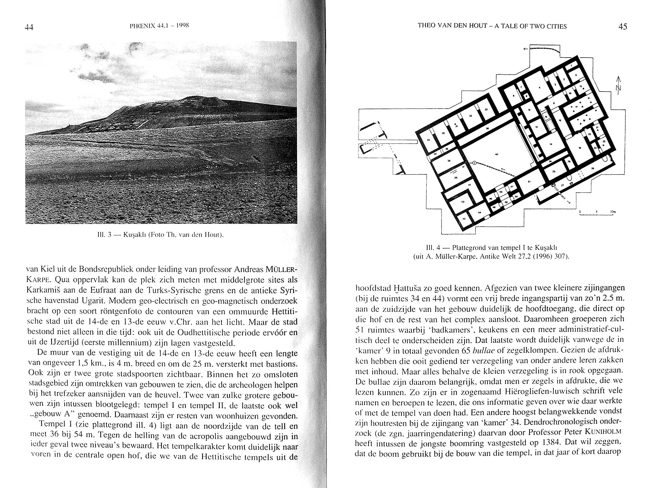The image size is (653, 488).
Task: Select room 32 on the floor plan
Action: (471, 116)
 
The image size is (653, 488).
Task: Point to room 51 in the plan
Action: (529, 182)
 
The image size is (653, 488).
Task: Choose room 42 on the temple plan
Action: (463, 202)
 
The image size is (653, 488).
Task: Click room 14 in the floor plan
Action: (551, 144)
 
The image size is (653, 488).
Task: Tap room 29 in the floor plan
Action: (428, 140)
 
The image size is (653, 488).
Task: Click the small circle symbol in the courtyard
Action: (474, 163)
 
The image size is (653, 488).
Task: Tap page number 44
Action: (29, 27)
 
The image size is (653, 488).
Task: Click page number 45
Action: (622, 27)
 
